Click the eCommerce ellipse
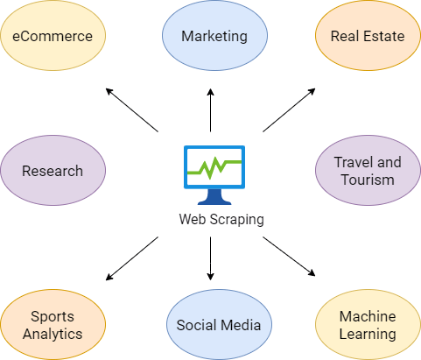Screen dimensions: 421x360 tap(53, 35)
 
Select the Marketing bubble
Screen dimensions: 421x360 tap(214, 35)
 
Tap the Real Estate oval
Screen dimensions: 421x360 tap(368, 35)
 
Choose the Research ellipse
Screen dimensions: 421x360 tap(53, 170)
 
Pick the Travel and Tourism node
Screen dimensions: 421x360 tap(368, 170)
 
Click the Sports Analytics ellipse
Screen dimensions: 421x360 tap(53, 325)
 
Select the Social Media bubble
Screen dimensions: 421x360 tap(219, 325)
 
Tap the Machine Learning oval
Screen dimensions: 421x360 tap(368, 325)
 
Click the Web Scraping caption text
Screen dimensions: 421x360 tap(221, 220)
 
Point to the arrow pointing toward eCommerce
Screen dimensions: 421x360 tap(132, 110)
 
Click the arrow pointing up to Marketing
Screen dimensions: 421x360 tap(210, 110)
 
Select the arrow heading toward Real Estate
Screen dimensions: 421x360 tap(289, 110)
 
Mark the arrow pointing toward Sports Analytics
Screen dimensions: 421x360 tap(132, 258)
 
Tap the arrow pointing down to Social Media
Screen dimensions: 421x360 tap(210, 258)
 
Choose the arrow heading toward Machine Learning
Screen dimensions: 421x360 tap(289, 257)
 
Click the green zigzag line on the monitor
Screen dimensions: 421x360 tap(214, 167)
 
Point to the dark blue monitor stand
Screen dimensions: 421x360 tap(214, 197)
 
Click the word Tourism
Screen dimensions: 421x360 tap(368, 180)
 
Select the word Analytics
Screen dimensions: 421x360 tap(53, 335)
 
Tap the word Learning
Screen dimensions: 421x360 tap(368, 334)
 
